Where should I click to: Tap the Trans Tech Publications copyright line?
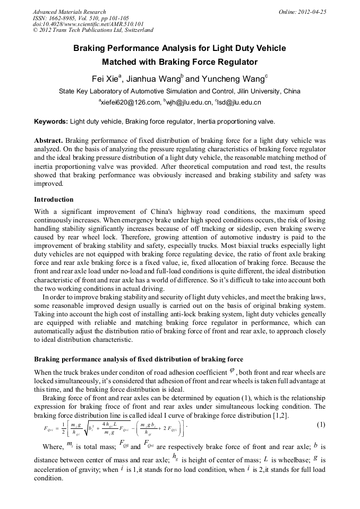pyautogui.click(x=93, y=31)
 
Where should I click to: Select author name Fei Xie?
pyautogui.click(x=105, y=79)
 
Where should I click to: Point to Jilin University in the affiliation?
pyautogui.click(x=256, y=91)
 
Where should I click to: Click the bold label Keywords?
pyautogui.click(x=51, y=122)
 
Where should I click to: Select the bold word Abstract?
pyautogui.click(x=48, y=141)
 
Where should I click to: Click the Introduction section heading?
pyautogui.click(x=54, y=200)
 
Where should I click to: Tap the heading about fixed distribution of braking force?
pyautogui.click(x=139, y=359)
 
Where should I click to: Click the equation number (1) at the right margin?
pyautogui.click(x=321, y=424)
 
